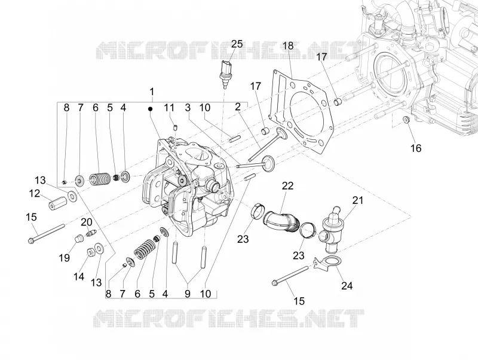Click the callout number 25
[236, 44]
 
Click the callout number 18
[288, 46]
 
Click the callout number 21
[358, 200]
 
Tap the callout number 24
[347, 286]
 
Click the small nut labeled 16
[406, 120]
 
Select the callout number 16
[416, 148]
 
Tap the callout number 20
[86, 222]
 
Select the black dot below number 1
[150, 109]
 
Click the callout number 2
[237, 107]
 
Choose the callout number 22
[287, 185]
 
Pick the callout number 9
[188, 294]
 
